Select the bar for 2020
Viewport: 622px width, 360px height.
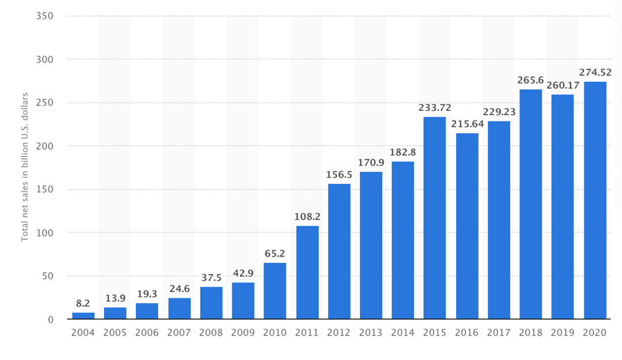pyautogui.click(x=595, y=200)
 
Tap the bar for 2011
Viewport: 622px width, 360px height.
pyautogui.click(x=307, y=273)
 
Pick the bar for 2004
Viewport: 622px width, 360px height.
pyautogui.click(x=83, y=316)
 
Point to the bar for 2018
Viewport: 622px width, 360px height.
pyautogui.click(x=530, y=204)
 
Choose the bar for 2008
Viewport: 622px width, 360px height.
pyautogui.click(x=211, y=303)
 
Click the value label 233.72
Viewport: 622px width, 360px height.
pyautogui.click(x=435, y=108)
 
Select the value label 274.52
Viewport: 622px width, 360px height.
pyautogui.click(x=595, y=72)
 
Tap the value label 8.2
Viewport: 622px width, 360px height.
pyautogui.click(x=83, y=304)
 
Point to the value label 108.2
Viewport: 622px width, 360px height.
pyautogui.click(x=307, y=216)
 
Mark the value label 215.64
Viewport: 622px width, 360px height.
pyautogui.click(x=467, y=123)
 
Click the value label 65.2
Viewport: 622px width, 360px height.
pyautogui.click(x=275, y=254)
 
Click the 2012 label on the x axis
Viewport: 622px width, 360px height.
pyautogui.click(x=339, y=332)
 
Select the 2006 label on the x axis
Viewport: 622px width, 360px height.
pyautogui.click(x=147, y=332)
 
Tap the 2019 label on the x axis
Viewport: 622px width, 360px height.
pyautogui.click(x=563, y=332)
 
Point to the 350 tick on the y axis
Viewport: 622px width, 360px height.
pyautogui.click(x=44, y=16)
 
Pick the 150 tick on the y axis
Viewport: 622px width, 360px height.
pyautogui.click(x=44, y=189)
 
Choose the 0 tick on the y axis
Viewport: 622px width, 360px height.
pyautogui.click(x=51, y=320)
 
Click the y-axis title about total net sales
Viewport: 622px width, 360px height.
pyautogui.click(x=25, y=166)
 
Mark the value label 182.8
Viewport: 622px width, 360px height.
pyautogui.click(x=403, y=152)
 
